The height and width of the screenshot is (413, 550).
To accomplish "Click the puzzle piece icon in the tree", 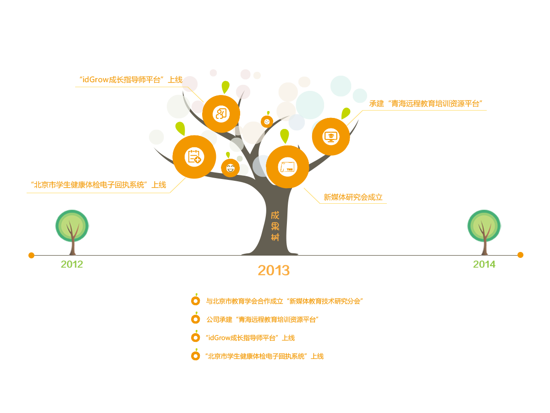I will coord(221,114).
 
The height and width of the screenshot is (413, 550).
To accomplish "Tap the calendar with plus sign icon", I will coord(194,157).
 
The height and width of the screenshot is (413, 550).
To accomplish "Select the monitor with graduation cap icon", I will coord(330,136).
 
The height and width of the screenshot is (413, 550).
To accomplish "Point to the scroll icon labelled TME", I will coord(288,167).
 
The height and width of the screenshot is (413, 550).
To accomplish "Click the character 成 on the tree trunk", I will coord(275,215).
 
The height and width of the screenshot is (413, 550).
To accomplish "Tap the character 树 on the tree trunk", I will coord(275,237).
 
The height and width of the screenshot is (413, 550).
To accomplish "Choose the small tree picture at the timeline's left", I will coord(72,233).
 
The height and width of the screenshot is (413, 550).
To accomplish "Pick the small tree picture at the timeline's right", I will coord(484,233).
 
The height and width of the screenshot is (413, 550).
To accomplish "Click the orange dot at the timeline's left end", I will coord(31,255).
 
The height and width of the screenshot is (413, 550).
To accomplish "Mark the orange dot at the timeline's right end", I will coord(520,255).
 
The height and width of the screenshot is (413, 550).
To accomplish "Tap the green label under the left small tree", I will coord(72,264).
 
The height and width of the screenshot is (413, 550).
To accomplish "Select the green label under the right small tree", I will coord(484,264).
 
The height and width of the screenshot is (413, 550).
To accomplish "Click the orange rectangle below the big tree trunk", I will coord(274,270).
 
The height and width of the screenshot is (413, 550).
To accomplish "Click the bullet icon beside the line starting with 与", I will coord(196,301).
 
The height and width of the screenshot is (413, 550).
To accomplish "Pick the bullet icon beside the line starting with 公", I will coord(196,318).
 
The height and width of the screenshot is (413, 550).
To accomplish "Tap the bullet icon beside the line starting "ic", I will coord(196,337).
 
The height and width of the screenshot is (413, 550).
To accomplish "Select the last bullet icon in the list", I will coord(196,355).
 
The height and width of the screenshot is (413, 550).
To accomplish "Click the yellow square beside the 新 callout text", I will coord(312,195).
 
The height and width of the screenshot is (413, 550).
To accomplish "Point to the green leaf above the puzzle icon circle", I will coord(225,86).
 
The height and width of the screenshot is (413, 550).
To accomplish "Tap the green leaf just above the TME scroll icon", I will coord(285,135).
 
